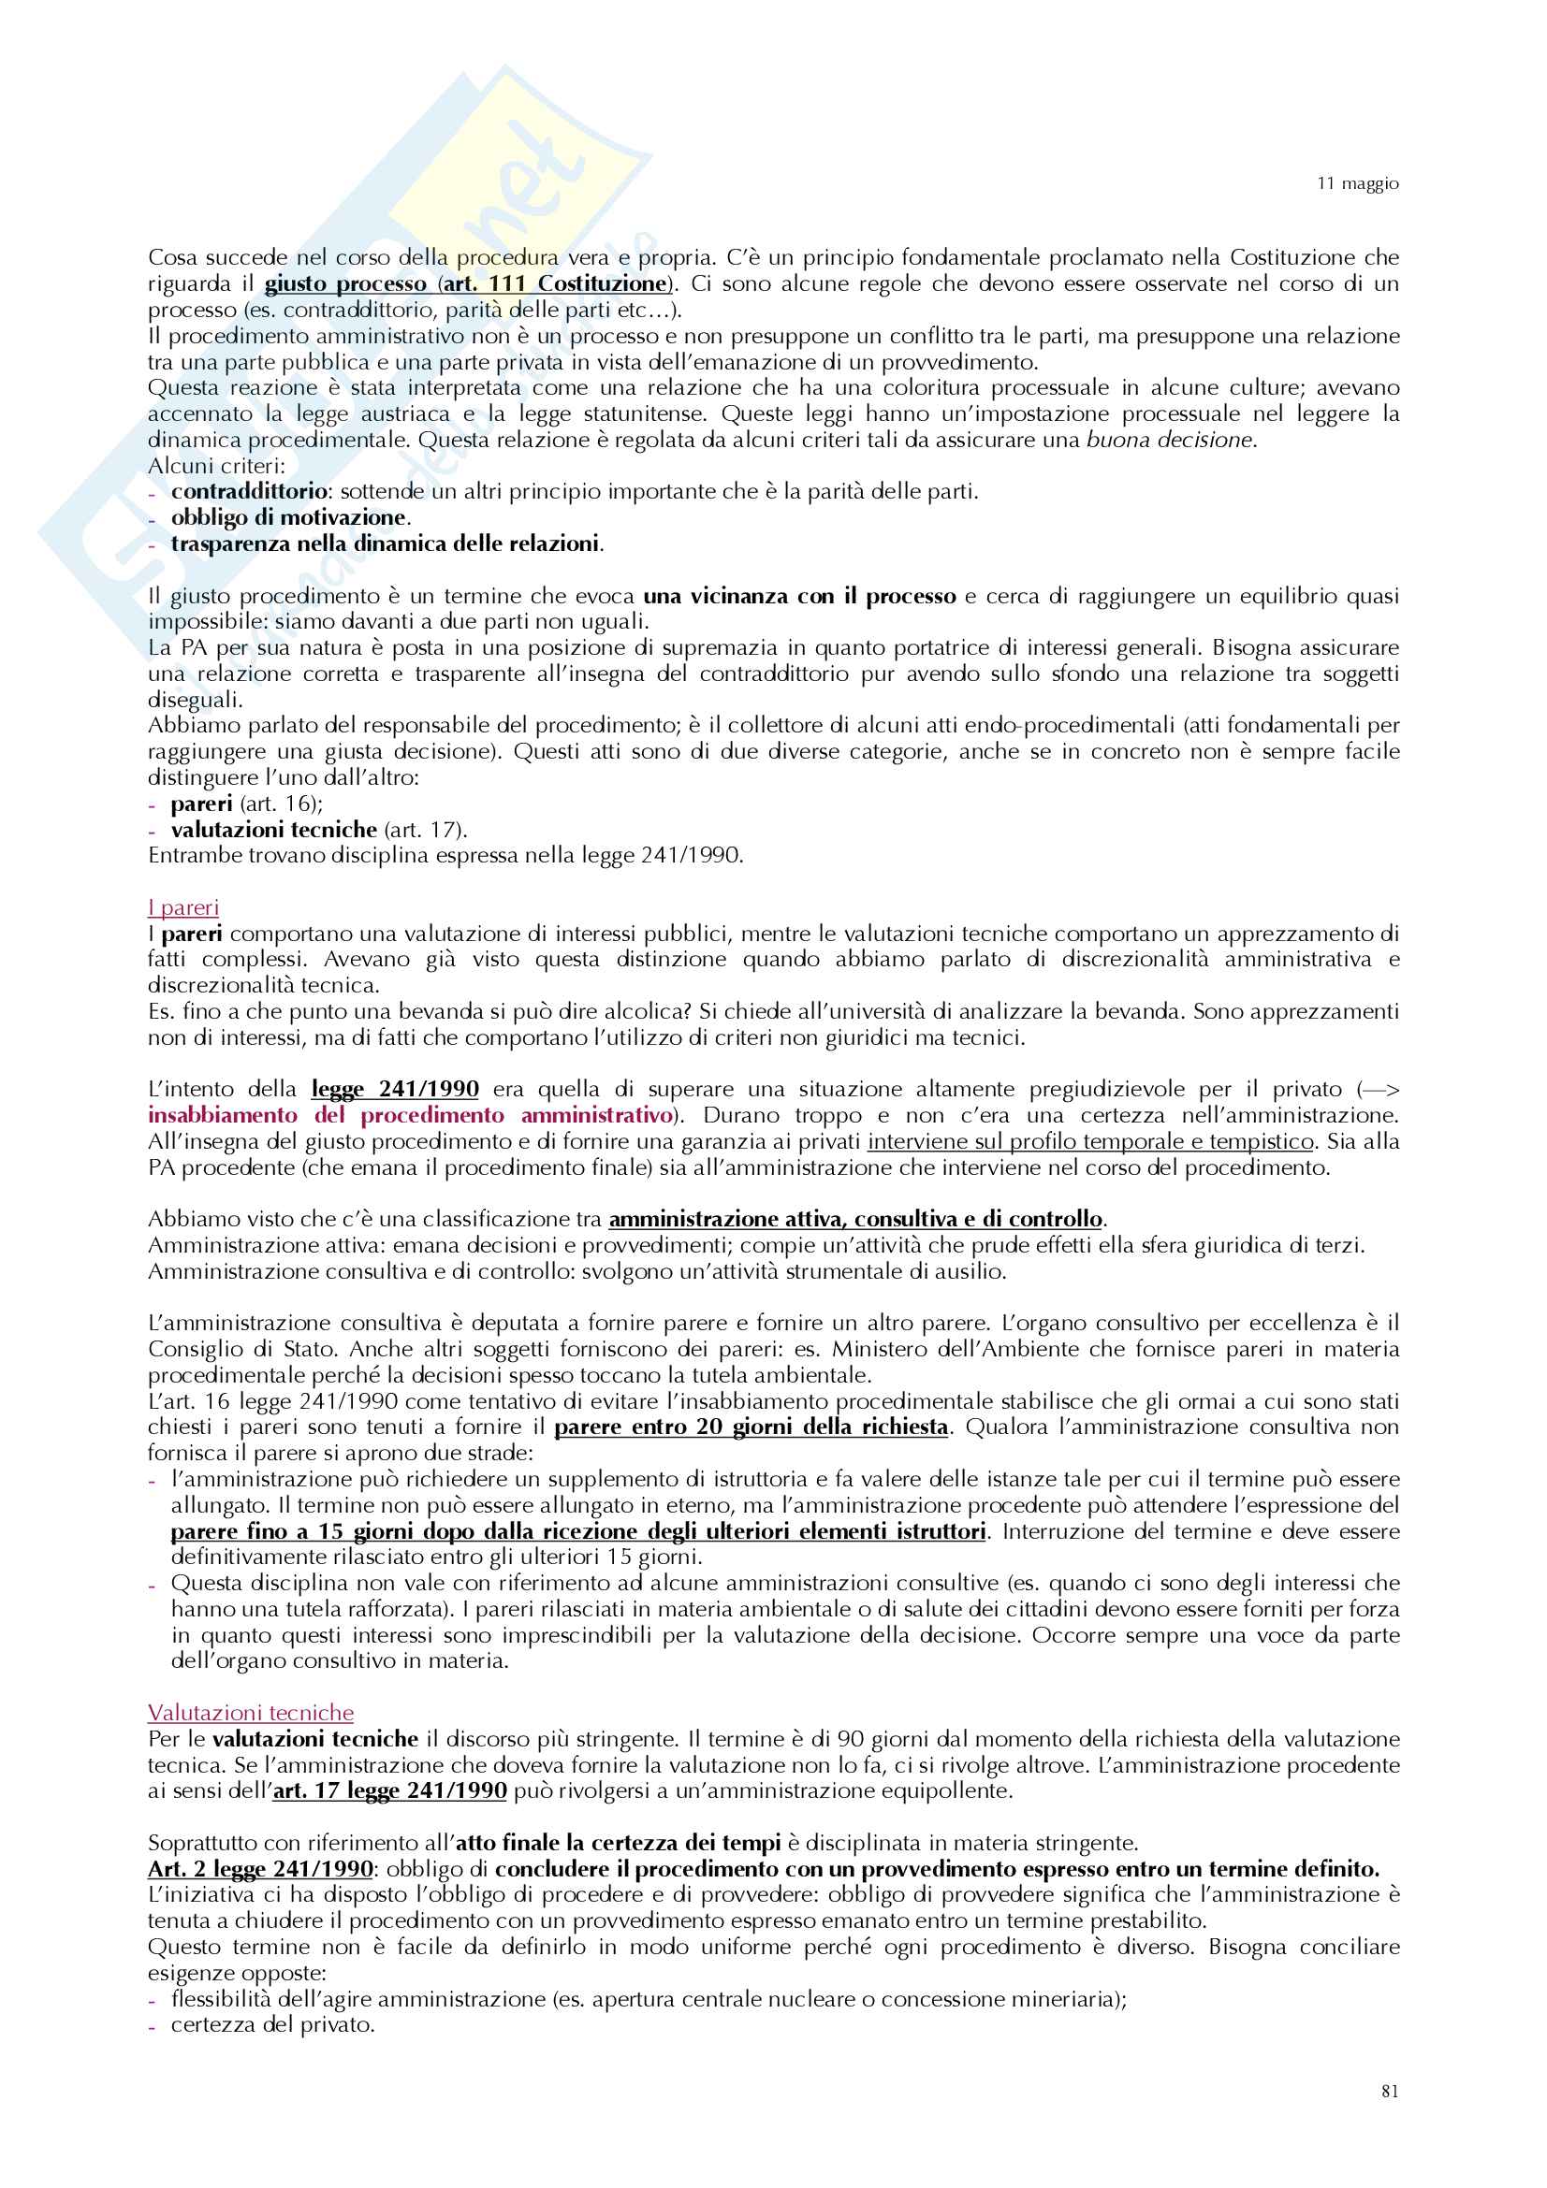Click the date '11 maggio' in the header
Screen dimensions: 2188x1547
(x=1357, y=183)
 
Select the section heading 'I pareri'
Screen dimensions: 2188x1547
(x=183, y=907)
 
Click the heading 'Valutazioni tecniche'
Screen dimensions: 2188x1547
(x=251, y=1713)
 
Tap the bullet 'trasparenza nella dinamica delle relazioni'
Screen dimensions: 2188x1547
(x=385, y=544)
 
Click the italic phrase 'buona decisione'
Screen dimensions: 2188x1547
(x=1170, y=441)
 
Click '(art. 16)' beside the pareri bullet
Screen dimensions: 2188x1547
(x=281, y=804)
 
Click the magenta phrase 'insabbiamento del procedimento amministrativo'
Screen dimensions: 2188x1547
(x=411, y=1116)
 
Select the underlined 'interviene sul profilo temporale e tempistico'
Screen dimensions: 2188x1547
(x=1090, y=1141)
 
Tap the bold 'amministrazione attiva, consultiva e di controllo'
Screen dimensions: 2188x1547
(x=855, y=1220)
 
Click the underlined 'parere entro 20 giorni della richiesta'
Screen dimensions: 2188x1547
(x=752, y=1427)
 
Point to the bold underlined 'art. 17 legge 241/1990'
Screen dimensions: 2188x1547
(x=390, y=1790)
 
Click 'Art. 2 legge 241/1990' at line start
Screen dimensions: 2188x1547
(x=260, y=1869)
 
